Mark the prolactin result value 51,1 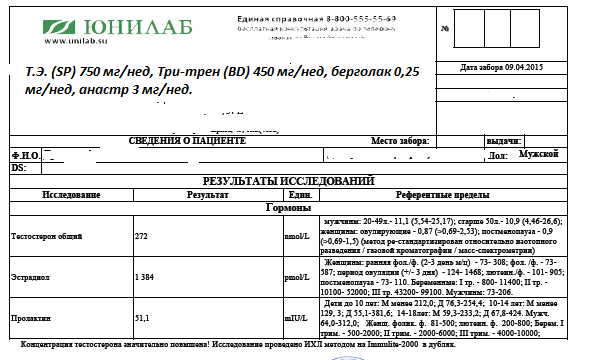[x=144, y=318]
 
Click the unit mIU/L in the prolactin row [x=294, y=318]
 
